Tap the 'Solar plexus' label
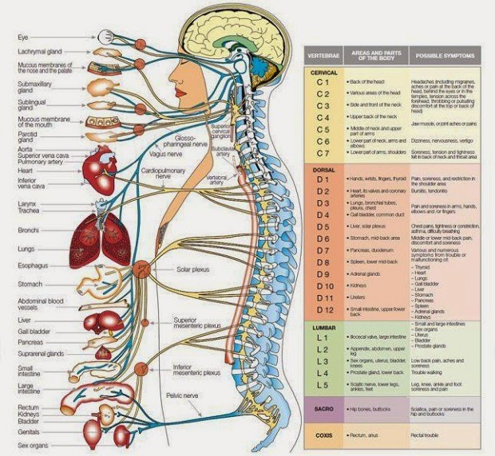point(192,270)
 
